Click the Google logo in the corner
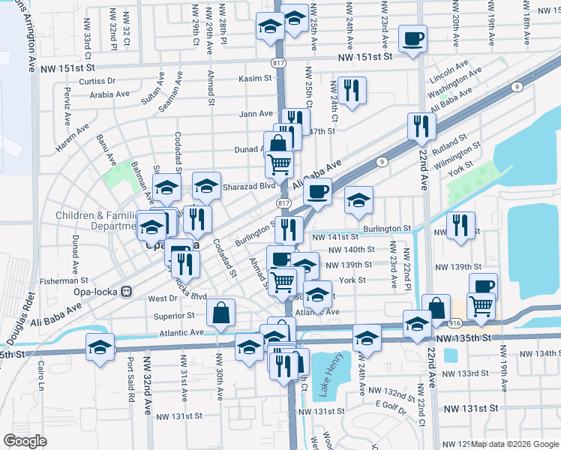tap(25, 440)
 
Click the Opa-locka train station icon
tap(127, 291)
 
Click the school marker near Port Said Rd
tap(100, 346)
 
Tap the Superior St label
tap(174, 316)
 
